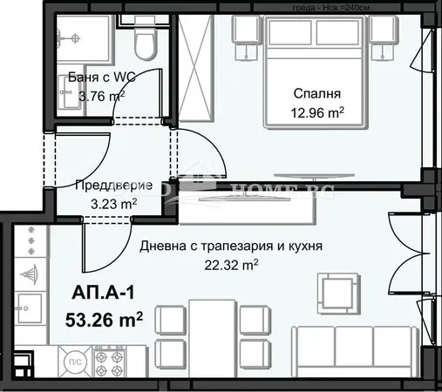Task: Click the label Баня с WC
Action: click(95, 77)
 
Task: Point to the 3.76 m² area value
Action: click(95, 97)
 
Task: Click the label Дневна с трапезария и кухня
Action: click(232, 247)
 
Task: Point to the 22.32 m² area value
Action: click(231, 264)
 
